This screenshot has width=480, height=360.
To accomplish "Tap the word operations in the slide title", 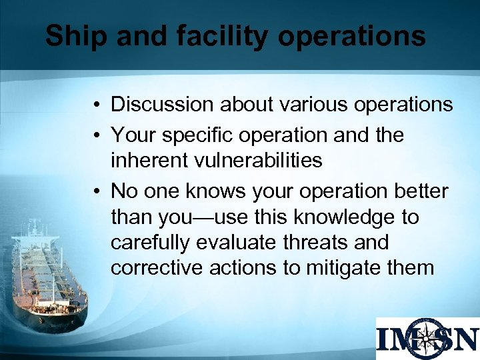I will click(351, 36).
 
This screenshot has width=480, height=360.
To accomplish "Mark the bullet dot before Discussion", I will click(97, 105).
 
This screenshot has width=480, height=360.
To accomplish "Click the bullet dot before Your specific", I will click(97, 135).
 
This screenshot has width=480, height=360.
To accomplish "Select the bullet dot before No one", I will click(97, 191).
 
